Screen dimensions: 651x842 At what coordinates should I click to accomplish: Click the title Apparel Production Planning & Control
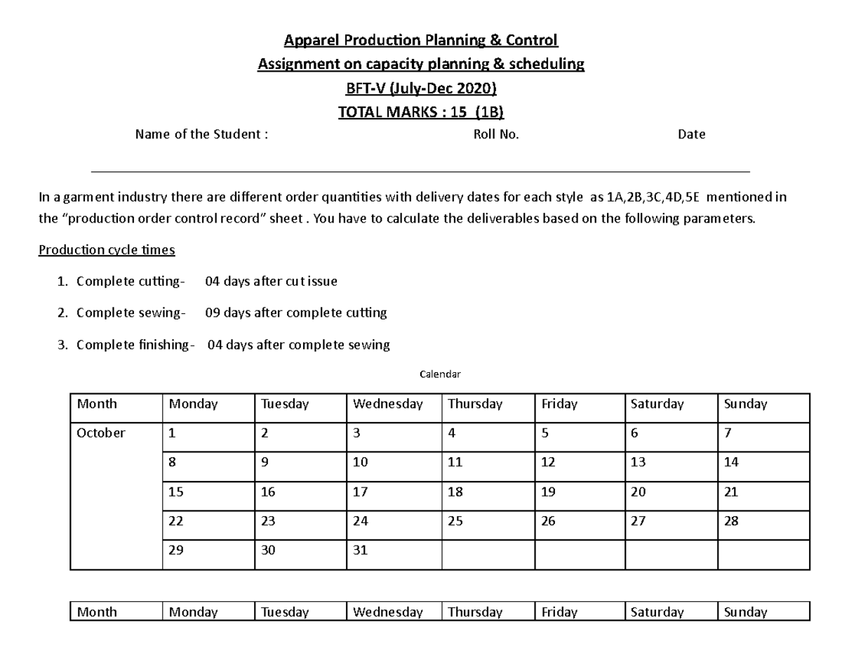(x=420, y=40)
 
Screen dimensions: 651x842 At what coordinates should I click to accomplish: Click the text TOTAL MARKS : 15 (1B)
(x=420, y=112)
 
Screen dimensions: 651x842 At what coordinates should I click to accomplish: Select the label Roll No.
(x=496, y=135)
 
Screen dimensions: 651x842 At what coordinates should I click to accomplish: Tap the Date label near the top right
(x=691, y=135)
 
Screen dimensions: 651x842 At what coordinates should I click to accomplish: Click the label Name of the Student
(x=201, y=135)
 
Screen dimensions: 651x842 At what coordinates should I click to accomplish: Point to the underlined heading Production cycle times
(x=107, y=250)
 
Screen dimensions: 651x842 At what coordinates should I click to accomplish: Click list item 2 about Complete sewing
(x=232, y=313)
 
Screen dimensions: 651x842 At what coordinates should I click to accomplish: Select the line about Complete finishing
(x=233, y=345)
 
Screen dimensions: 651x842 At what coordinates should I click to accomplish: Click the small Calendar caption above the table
(x=440, y=374)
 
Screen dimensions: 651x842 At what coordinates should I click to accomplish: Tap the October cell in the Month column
(x=101, y=433)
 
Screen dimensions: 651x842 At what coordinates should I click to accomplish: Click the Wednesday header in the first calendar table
(x=387, y=404)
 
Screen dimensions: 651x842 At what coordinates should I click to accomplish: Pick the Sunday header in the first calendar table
(x=745, y=404)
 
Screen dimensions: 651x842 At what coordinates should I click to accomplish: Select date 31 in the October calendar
(x=360, y=551)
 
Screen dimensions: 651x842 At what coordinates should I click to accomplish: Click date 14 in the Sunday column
(x=731, y=463)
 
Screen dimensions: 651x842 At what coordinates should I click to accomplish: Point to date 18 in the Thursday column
(x=455, y=492)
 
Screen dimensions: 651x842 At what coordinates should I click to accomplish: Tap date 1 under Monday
(x=172, y=433)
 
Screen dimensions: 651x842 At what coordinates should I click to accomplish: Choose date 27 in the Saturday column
(x=638, y=522)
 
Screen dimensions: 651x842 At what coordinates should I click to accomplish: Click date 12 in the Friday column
(x=548, y=463)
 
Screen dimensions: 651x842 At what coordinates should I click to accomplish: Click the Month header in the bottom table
(x=97, y=612)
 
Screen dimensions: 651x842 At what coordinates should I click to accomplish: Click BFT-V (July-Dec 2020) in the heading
(x=420, y=88)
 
